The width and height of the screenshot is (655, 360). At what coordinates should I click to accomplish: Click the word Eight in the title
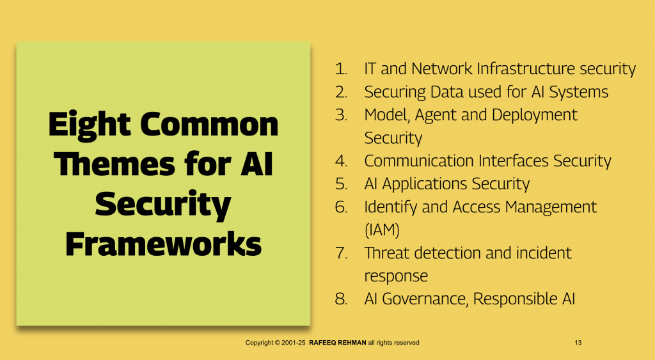pyautogui.click(x=90, y=125)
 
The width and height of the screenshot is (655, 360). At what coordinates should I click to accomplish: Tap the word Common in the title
pyautogui.click(x=209, y=124)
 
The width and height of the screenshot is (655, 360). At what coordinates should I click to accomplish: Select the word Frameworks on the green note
pyautogui.click(x=163, y=244)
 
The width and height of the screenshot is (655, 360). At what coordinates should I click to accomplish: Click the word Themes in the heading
pyautogui.click(x=114, y=164)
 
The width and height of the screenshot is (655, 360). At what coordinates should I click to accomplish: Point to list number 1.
pyautogui.click(x=341, y=69)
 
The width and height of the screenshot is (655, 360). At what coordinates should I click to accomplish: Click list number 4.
pyautogui.click(x=341, y=160)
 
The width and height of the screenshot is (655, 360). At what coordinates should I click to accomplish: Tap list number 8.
pyautogui.click(x=341, y=299)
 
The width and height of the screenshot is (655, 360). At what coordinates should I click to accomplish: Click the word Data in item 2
pyautogui.click(x=447, y=92)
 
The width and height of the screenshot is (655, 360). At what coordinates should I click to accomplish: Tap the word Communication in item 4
pyautogui.click(x=419, y=160)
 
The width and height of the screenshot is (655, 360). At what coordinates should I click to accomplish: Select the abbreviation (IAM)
pyautogui.click(x=382, y=230)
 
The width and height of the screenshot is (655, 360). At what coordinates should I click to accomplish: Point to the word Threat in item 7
pyautogui.click(x=386, y=253)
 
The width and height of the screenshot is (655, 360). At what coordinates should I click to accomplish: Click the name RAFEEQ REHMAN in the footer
pyautogui.click(x=338, y=343)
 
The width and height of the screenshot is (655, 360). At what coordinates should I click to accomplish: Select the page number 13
pyautogui.click(x=578, y=343)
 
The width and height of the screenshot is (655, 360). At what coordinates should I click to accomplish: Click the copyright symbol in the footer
pyautogui.click(x=278, y=343)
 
